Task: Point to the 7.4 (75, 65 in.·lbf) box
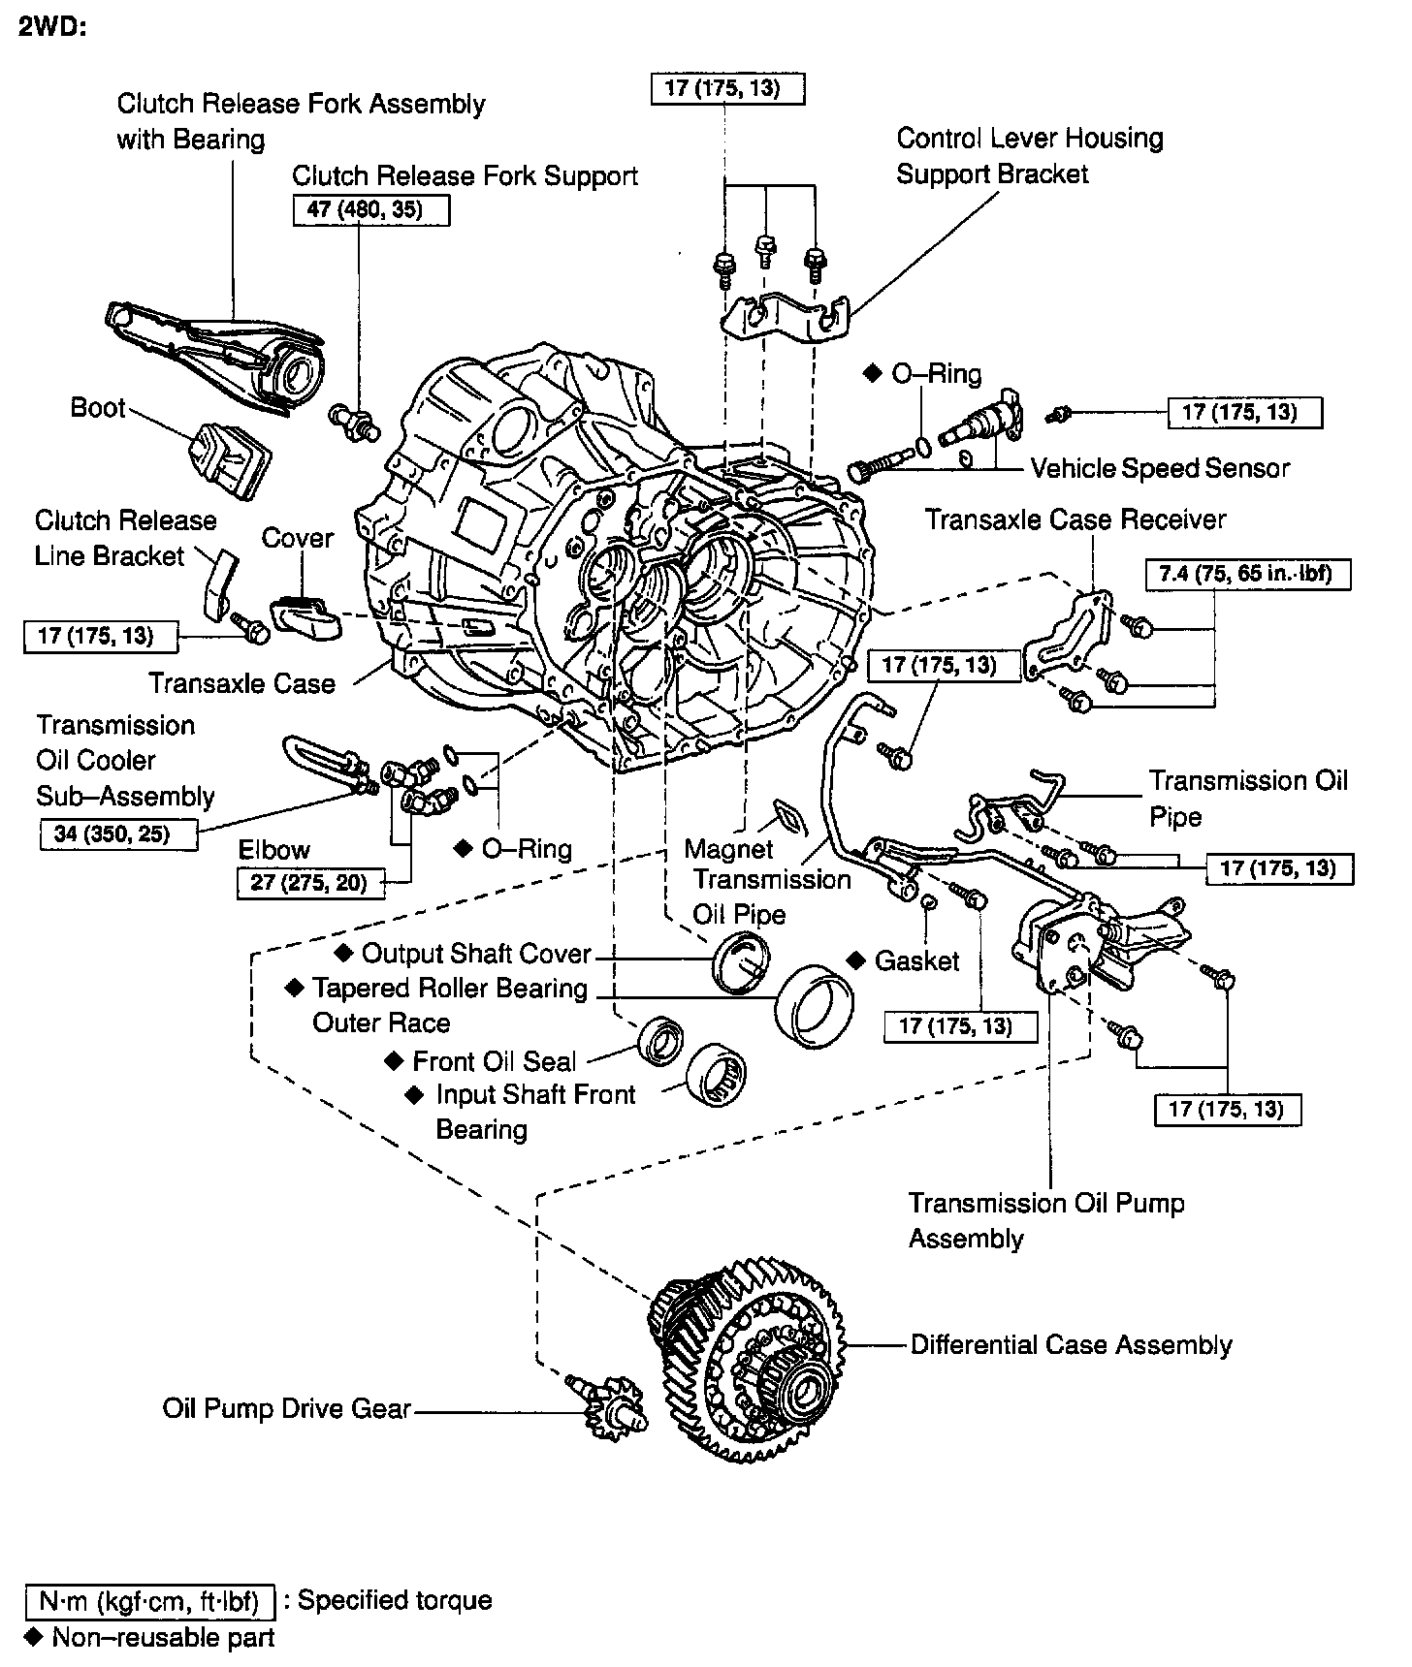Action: (x=1248, y=573)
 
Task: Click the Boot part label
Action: (x=98, y=407)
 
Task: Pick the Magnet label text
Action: (x=728, y=849)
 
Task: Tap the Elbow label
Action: (x=274, y=850)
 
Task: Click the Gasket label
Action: (x=916, y=960)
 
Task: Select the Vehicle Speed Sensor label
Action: (x=1160, y=469)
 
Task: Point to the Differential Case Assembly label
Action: (x=1071, y=1345)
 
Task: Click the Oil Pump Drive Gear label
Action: (x=287, y=1408)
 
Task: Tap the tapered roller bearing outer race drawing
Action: (x=816, y=1005)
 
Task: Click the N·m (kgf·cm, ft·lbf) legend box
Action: (x=150, y=1601)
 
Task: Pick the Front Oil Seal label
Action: (x=494, y=1061)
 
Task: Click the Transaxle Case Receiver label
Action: (x=1075, y=519)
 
